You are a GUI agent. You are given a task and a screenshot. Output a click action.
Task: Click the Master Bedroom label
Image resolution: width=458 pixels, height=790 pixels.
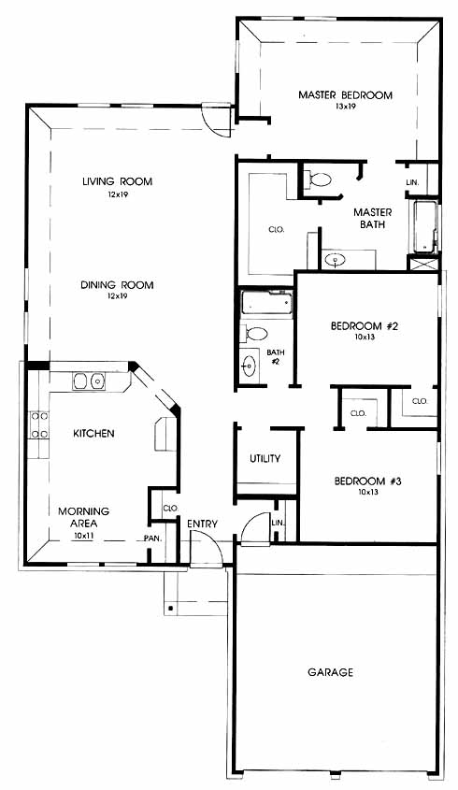point(345,94)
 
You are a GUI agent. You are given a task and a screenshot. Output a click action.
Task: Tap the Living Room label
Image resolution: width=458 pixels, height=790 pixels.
point(118,181)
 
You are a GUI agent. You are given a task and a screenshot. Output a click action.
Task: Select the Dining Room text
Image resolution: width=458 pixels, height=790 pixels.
point(117,285)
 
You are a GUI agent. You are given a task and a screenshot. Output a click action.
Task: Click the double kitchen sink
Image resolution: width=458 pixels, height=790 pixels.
point(89,381)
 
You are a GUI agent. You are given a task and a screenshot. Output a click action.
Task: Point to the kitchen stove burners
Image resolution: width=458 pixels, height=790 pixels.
point(39,424)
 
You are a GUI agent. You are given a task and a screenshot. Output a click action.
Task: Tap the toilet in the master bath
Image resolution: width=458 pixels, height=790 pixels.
point(317,180)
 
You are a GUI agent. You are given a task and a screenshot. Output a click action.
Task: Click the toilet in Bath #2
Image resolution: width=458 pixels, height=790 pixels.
point(254,334)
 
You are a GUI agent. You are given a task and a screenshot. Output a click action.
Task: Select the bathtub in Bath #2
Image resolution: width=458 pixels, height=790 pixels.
point(266,303)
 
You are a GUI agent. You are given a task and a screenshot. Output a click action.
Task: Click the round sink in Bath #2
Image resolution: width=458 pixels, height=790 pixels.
point(249,365)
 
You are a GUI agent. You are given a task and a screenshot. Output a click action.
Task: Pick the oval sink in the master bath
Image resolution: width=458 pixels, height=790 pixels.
point(335,260)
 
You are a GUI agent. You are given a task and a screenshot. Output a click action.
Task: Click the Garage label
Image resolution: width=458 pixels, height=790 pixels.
point(331,672)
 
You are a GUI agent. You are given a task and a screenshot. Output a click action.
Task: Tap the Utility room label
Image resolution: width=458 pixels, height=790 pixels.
point(265,458)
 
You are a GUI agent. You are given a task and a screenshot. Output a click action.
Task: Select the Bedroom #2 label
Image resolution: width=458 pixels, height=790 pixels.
point(365,326)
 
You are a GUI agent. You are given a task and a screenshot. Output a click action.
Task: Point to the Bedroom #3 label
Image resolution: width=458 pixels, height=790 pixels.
point(368,481)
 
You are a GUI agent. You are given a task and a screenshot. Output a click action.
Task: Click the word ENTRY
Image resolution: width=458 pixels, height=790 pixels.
point(202,524)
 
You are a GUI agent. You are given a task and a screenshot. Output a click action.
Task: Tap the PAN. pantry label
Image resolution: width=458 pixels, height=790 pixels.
point(152,539)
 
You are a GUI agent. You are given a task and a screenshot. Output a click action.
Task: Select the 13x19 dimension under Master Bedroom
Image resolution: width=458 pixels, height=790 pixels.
point(345,107)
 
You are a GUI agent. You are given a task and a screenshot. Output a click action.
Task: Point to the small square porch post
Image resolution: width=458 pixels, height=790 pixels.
point(171,608)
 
